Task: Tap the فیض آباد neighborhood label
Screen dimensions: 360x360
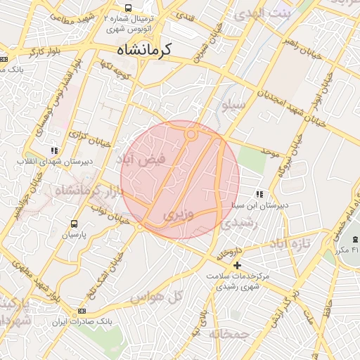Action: tap(142, 160)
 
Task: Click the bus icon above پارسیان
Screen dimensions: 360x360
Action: tap(74, 224)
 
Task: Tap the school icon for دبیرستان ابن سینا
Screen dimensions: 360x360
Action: tap(260, 194)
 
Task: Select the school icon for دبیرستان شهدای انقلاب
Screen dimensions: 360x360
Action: tap(54, 150)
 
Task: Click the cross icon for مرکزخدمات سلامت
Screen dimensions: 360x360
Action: tap(237, 265)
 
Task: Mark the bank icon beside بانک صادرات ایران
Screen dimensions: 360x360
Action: tap(82, 310)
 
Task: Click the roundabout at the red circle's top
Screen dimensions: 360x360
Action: tap(191, 134)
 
